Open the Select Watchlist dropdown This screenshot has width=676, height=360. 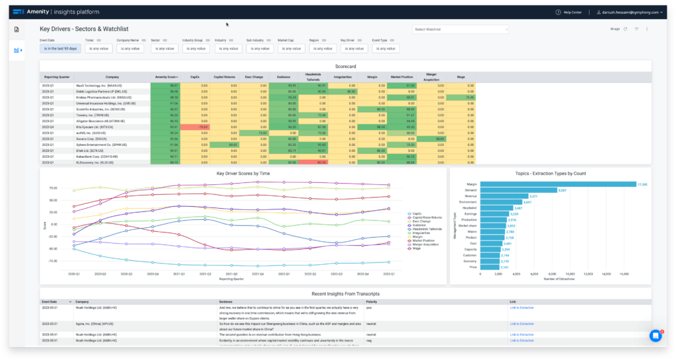pyautogui.click(x=460, y=29)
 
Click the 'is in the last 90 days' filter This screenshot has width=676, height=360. pyautogui.click(x=60, y=48)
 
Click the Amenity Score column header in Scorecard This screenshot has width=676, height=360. pyautogui.click(x=166, y=77)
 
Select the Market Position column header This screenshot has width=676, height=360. pyautogui.click(x=402, y=77)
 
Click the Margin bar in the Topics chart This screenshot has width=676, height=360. pyautogui.click(x=558, y=184)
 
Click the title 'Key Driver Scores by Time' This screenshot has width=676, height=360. pyautogui.click(x=243, y=173)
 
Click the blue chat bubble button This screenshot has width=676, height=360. pyautogui.click(x=655, y=336)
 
